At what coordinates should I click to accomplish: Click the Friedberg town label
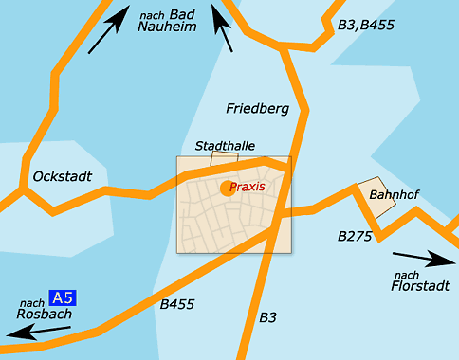257,109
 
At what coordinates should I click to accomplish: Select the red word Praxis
247,187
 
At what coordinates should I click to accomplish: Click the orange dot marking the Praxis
227,189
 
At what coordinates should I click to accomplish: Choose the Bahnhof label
394,195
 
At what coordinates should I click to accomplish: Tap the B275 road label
356,235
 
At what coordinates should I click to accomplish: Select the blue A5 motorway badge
62,297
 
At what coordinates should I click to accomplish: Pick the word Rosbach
37,315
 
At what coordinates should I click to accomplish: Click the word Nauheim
167,27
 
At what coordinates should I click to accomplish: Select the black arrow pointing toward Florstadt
424,257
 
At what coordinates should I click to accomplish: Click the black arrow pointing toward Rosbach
37,332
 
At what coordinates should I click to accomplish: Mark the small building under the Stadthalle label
224,159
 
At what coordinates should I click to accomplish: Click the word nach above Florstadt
405,273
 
